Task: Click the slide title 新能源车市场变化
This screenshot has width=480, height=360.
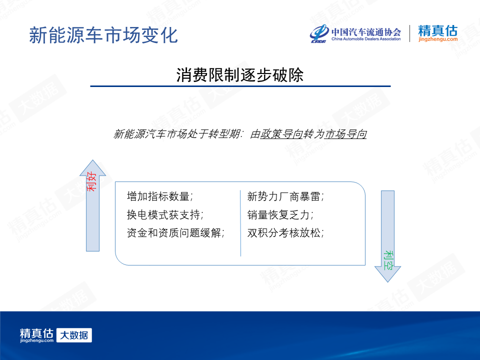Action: pos(103,35)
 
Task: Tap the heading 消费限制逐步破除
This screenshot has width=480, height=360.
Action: pos(240,74)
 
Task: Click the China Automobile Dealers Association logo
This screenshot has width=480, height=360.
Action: pos(355,33)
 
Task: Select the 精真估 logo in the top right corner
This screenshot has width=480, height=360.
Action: pos(438,33)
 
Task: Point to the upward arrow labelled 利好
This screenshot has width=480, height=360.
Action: pos(93,205)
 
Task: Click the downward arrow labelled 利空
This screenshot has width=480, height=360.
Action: pos(387,236)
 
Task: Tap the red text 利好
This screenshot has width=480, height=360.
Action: pos(92,181)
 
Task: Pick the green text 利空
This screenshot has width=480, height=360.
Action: pos(388,260)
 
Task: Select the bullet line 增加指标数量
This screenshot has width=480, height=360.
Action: pos(160,196)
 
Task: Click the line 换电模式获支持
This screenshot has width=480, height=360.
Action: pos(165,214)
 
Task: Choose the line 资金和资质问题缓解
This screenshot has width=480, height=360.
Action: pos(175,232)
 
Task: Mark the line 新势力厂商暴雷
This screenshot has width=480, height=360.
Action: pos(285,196)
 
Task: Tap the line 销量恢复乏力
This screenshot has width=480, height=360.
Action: pos(280,214)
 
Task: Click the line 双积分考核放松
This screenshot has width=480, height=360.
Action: pos(285,232)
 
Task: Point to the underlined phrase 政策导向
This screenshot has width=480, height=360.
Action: pos(281,134)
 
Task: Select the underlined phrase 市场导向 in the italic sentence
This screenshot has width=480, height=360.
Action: pos(345,134)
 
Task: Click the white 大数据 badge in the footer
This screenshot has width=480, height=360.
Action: pos(74,335)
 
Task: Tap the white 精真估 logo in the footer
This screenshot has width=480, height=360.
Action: pos(36,335)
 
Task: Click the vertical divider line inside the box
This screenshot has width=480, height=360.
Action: pos(240,223)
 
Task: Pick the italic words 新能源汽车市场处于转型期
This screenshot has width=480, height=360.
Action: pos(177,134)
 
